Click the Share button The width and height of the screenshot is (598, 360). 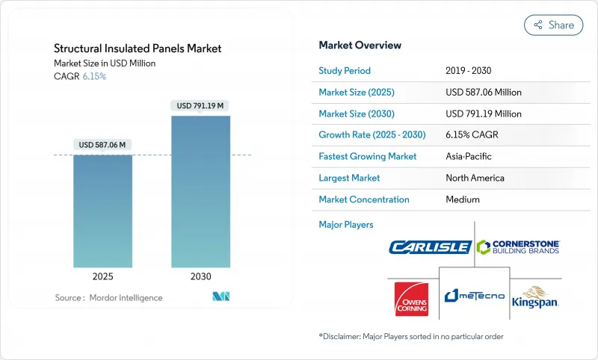[554, 25]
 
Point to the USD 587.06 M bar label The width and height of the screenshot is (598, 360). [102, 144]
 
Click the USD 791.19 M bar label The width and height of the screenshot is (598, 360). [200, 105]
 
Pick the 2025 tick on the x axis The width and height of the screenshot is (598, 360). [102, 276]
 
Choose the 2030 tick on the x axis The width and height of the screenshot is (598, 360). [200, 276]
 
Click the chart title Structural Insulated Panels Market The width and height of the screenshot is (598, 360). [138, 49]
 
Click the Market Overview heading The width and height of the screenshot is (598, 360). [360, 45]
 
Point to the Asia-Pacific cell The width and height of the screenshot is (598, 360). [468, 157]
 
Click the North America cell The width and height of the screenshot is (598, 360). [475, 178]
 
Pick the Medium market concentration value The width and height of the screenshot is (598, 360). [462, 199]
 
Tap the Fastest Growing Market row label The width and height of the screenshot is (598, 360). [367, 157]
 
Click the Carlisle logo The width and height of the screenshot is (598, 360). [430, 246]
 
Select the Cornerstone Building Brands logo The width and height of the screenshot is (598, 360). [518, 246]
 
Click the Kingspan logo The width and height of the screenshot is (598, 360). [535, 297]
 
